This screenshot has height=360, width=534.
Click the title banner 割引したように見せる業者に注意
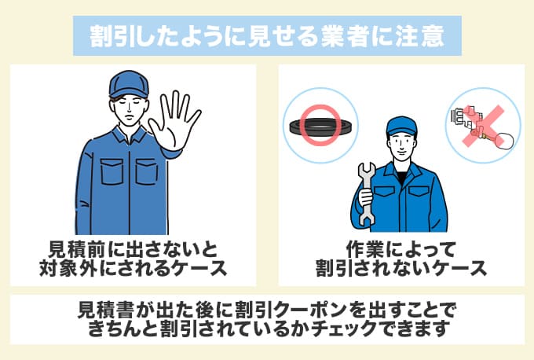tap(267, 35)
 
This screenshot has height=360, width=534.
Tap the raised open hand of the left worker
tap(176, 122)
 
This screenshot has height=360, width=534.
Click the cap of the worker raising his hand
tap(126, 83)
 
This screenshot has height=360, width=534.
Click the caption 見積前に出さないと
tap(133, 251)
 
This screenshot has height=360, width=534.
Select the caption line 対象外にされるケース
tap(133, 270)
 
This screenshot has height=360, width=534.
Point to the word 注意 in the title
tap(427, 36)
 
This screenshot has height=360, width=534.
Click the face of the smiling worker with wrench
tap(400, 143)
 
